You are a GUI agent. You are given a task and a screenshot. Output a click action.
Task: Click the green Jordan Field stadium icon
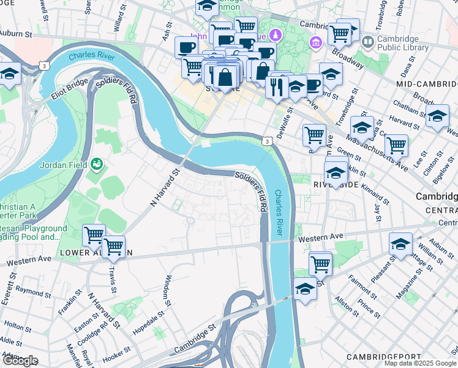coord(96,164)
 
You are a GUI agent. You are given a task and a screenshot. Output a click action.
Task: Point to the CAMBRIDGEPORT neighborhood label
coord(383,356)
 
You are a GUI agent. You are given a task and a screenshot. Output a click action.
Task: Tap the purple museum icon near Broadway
coord(316,42)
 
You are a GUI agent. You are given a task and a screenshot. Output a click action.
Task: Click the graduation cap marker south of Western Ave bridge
coord(305,288)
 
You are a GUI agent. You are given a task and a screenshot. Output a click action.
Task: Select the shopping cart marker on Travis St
coord(114,247)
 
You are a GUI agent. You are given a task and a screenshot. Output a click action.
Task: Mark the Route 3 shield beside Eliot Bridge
coord(43,64)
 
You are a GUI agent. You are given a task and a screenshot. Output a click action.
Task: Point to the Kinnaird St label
coord(374,190)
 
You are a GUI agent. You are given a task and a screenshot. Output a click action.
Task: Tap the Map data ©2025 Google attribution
coord(421,363)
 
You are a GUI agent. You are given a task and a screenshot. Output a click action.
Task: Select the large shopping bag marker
coord(225,78)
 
